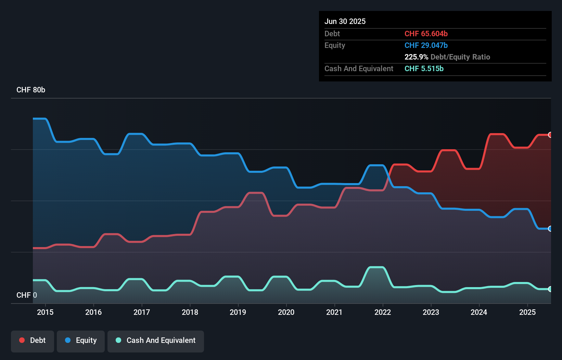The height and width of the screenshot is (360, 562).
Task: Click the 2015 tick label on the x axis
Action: pos(45,312)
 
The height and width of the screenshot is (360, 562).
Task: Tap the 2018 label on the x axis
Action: pos(190,312)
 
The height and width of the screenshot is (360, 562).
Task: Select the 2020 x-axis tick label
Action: pos(286,312)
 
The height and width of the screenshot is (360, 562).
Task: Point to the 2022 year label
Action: pos(383,312)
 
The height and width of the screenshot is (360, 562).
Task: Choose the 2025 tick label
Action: pos(527,312)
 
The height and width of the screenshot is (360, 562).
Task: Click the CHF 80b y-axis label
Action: pos(31,90)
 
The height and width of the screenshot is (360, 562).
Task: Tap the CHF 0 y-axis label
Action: pos(27,295)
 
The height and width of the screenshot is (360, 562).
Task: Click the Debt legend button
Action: pos(33,340)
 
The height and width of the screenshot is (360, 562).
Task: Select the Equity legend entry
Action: pos(81,340)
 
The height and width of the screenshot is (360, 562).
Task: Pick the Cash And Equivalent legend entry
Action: pos(156,340)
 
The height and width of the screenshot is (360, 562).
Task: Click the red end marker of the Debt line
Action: pos(550,135)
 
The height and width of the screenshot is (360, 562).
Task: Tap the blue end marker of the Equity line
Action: pos(550,229)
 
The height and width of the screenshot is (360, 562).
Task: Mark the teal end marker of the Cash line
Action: pos(550,289)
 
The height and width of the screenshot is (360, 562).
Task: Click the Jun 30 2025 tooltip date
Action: pos(345,21)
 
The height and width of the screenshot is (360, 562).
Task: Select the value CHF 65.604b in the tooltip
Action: pos(426,34)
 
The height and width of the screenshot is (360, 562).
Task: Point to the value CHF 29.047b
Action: pos(426,45)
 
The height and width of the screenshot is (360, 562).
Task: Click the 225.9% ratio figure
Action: pos(416,57)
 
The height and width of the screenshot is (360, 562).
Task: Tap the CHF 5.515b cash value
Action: pos(424,68)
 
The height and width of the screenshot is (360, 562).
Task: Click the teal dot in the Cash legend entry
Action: pos(118,340)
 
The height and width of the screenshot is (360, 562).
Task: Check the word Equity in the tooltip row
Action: pos(335,45)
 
